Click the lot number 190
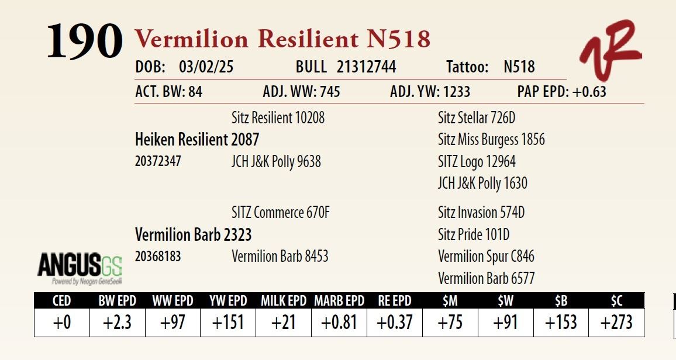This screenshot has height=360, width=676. click(84, 41)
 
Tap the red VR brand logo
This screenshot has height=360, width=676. click(610, 50)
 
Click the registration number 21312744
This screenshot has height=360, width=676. click(367, 67)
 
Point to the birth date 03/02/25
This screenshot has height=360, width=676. click(206, 67)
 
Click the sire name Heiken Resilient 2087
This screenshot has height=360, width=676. click(197, 140)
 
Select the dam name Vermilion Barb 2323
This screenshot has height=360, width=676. click(193, 235)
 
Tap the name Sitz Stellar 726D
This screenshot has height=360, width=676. click(477, 117)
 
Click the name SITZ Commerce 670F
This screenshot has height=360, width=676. click(281, 212)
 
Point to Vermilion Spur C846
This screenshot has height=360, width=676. click(486, 257)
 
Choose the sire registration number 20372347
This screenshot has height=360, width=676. click(158, 161)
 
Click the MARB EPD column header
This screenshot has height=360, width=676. click(339, 300)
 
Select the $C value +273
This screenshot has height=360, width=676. click(616, 322)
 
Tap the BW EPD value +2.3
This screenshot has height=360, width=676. click(118, 322)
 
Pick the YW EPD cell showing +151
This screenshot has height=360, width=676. click(228, 322)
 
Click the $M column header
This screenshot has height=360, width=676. click(450, 300)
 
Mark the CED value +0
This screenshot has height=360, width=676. click(61, 322)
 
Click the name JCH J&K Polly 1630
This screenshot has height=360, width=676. click(482, 183)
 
